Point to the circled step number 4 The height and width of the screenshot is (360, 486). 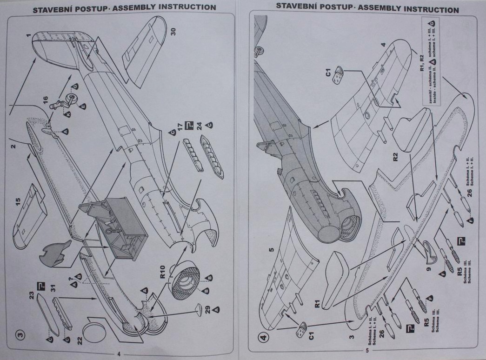(264, 335)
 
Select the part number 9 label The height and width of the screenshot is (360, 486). (429, 268)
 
